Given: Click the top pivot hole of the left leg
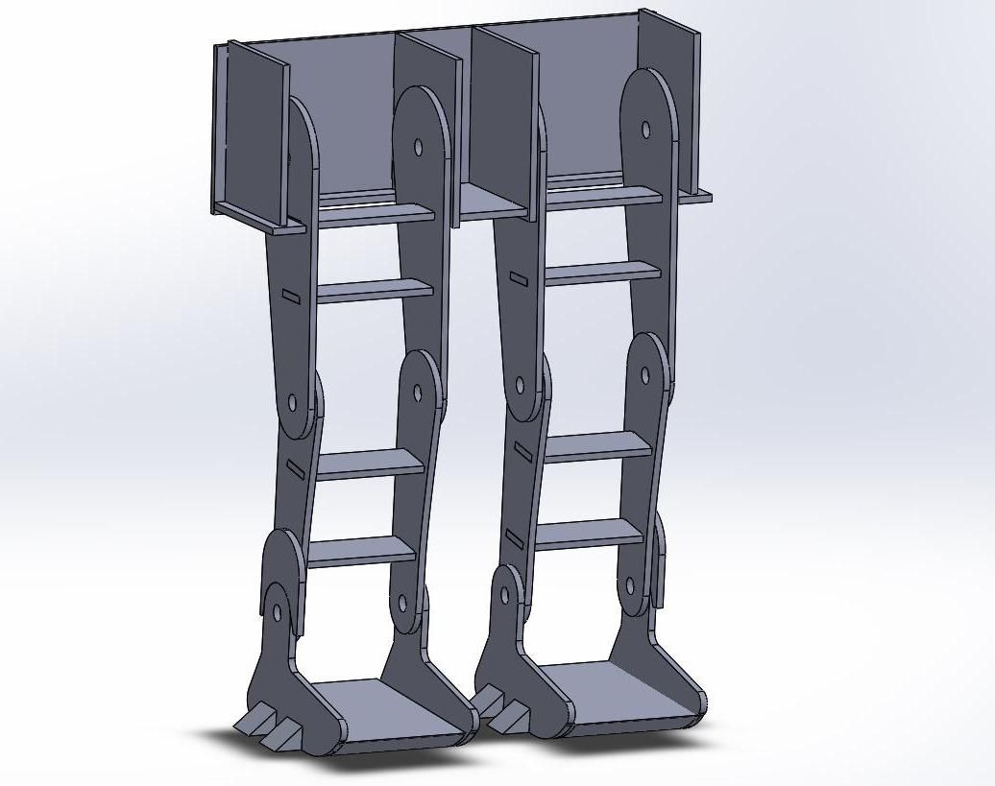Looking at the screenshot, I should (418, 147).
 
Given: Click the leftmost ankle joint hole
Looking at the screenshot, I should (278, 611).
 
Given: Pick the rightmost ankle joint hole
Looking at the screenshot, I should (631, 584).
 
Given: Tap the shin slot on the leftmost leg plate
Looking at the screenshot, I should (295, 467).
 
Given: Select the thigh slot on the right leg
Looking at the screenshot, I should (518, 279).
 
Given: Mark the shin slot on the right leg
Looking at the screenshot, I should (524, 451).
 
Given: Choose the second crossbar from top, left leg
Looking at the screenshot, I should (374, 290).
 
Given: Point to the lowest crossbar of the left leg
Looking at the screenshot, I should (361, 552).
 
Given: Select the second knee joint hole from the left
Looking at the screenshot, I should (418, 393).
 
